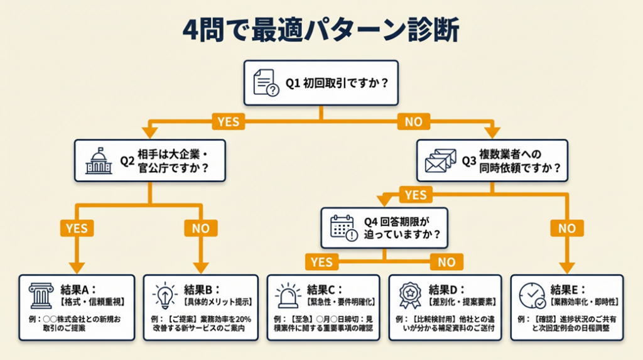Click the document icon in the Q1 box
coord(265,83)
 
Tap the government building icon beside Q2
coord(99,160)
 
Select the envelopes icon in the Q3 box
coord(440,160)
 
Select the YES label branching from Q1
coord(228,121)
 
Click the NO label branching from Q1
coord(414,121)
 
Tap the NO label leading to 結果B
coord(200,228)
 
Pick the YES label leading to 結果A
coord(77,228)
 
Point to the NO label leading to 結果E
coord(567,228)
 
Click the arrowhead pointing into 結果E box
coord(567,267)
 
